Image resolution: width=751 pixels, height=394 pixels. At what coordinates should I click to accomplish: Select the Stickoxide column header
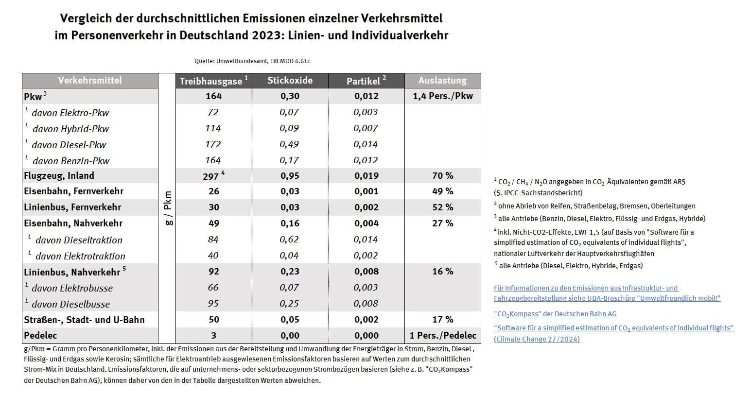(290, 81)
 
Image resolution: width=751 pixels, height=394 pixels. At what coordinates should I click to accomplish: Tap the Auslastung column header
(442, 81)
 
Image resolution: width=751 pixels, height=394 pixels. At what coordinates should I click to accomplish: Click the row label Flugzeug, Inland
(59, 176)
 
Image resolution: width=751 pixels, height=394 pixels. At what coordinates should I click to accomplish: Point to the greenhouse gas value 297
(211, 176)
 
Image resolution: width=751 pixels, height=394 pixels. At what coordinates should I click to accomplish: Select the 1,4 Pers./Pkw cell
(442, 96)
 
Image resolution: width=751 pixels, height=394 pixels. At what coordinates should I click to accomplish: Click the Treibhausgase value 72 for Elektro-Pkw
(213, 112)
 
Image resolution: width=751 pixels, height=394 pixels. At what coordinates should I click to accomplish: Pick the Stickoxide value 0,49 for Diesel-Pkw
(290, 144)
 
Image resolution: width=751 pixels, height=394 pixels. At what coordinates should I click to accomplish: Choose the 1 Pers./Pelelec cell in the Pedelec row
(442, 335)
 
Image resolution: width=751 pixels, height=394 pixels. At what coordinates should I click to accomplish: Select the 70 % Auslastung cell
(442, 176)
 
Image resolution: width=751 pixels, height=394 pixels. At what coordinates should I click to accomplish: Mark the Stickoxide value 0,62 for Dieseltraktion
(290, 240)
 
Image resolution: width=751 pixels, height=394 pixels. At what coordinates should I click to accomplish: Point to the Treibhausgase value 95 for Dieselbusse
(213, 304)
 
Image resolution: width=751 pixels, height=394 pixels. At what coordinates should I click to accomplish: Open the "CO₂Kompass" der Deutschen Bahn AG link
(555, 314)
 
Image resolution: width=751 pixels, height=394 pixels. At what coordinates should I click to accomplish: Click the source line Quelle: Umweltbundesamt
(252, 61)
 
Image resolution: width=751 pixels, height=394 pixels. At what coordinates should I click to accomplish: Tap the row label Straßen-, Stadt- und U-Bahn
(84, 320)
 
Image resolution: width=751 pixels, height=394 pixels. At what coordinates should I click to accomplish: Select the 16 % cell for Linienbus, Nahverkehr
(442, 272)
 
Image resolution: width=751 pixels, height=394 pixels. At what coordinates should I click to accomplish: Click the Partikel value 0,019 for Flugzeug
(366, 176)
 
